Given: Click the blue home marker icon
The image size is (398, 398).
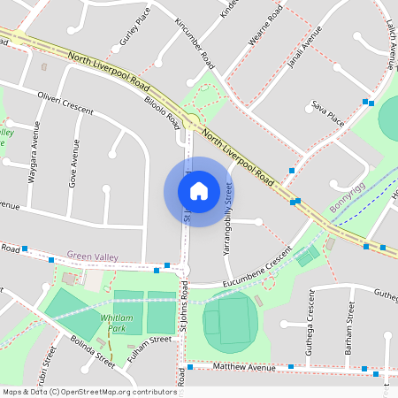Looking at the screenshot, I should pyautogui.click(x=199, y=191).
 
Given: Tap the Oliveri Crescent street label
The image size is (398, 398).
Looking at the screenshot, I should pyautogui.click(x=65, y=101).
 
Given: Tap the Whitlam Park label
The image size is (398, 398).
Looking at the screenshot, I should pyautogui.click(x=117, y=322).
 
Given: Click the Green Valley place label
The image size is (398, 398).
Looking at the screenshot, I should pyautogui.click(x=92, y=256).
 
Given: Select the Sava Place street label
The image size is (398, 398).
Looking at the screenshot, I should pyautogui.click(x=327, y=109).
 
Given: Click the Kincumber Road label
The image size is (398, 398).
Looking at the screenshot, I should pyautogui.click(x=195, y=42).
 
